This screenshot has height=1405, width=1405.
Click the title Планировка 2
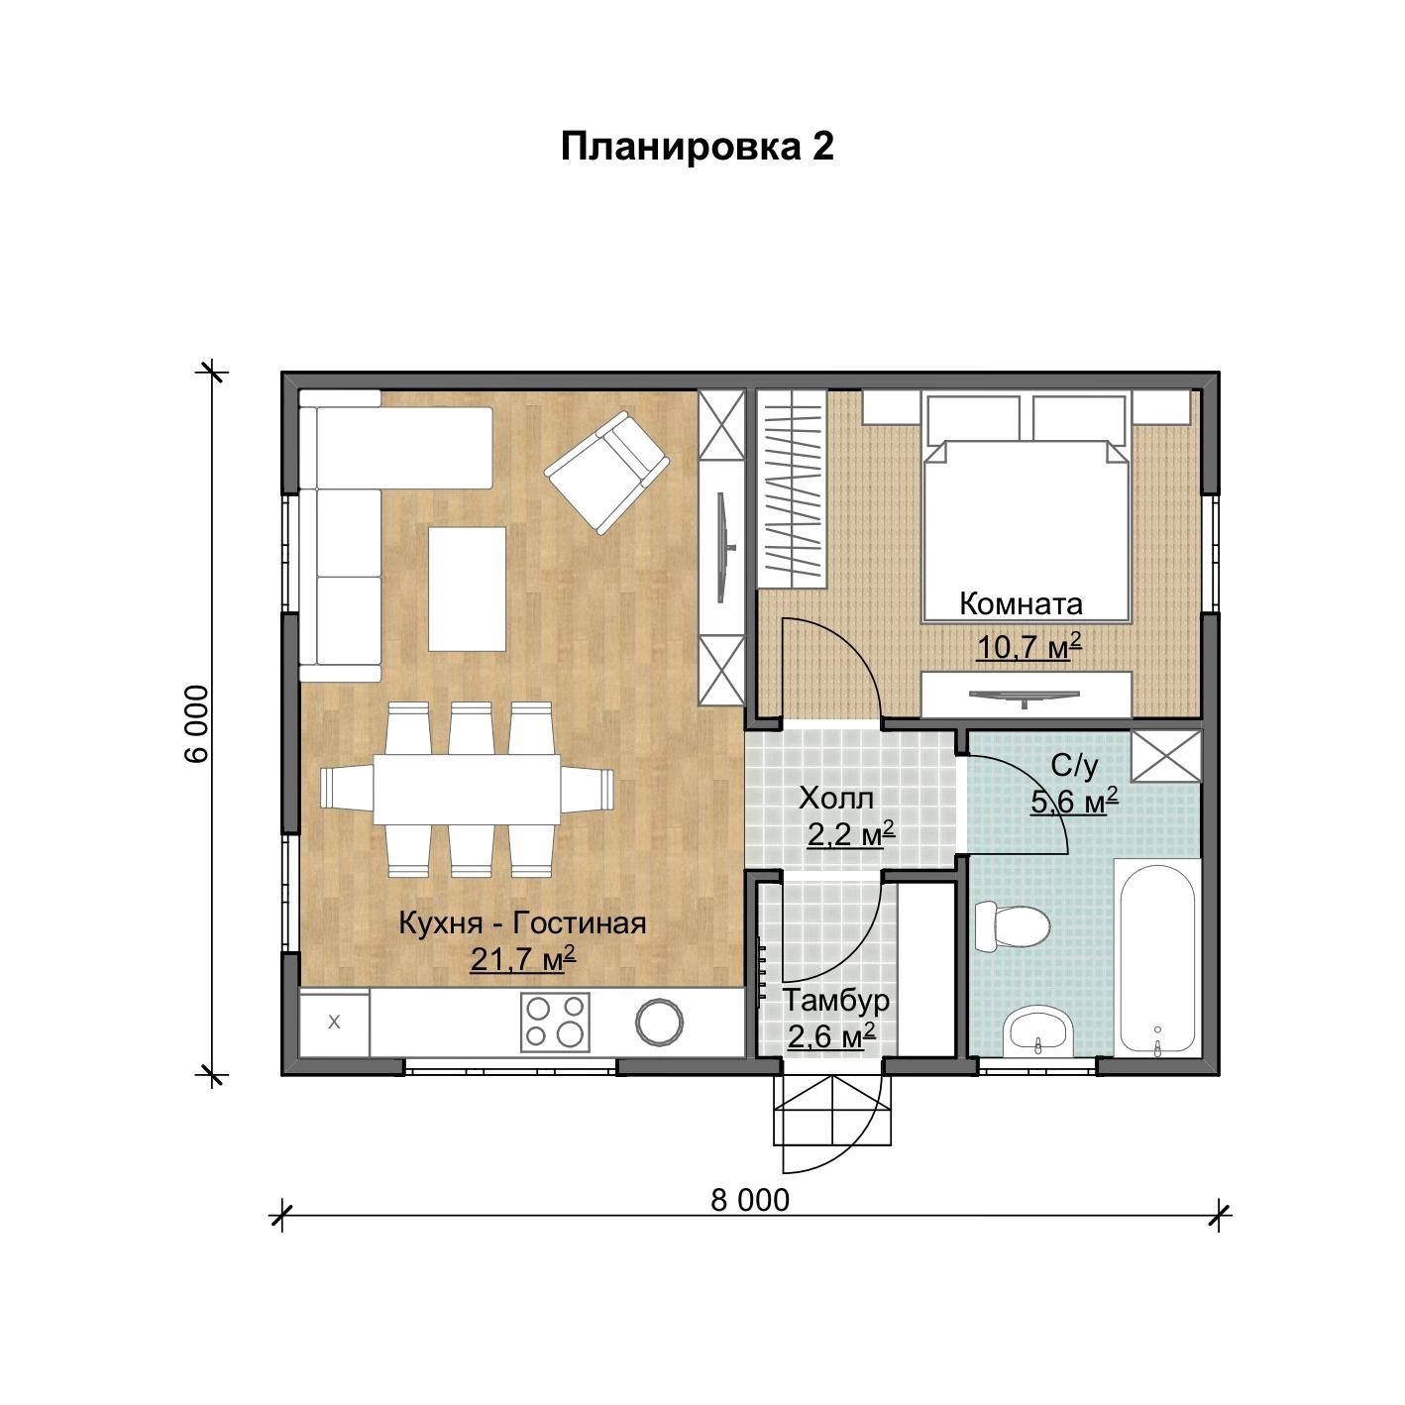tap(697, 148)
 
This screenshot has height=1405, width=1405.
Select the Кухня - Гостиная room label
tap(522, 923)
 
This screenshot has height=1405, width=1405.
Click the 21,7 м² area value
tap(523, 959)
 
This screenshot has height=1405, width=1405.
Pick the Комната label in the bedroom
tap(1020, 603)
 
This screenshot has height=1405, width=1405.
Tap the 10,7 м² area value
tap(1028, 646)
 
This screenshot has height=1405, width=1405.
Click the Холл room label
tap(836, 799)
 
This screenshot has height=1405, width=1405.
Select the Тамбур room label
tap(835, 1000)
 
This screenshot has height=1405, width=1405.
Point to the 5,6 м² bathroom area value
tap(1074, 802)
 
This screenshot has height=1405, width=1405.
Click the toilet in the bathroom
tap(1012, 926)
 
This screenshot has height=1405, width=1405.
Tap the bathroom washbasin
tap(1038, 1031)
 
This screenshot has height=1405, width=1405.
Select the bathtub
tap(1157, 956)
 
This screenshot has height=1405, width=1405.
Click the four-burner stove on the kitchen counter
tap(555, 1022)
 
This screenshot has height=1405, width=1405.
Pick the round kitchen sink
tap(659, 1022)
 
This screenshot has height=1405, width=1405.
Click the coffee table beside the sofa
tap(467, 590)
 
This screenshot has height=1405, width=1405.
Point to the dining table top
tap(468, 790)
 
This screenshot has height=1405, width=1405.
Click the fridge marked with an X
tap(335, 1022)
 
